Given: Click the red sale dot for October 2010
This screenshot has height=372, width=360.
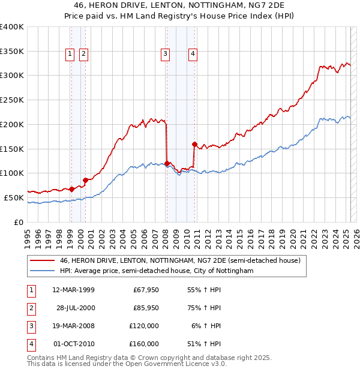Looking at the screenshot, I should [194, 144].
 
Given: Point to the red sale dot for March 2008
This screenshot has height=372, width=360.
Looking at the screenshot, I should [167, 163].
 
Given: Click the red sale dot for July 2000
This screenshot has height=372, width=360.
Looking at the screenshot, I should [85, 179].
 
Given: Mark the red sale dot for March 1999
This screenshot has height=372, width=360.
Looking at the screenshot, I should [71, 188].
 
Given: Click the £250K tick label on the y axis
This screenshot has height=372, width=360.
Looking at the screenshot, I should [12, 100].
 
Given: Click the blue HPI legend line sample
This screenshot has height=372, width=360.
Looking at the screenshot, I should [42, 271].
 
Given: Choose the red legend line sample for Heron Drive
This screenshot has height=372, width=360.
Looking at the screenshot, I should [42, 260].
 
